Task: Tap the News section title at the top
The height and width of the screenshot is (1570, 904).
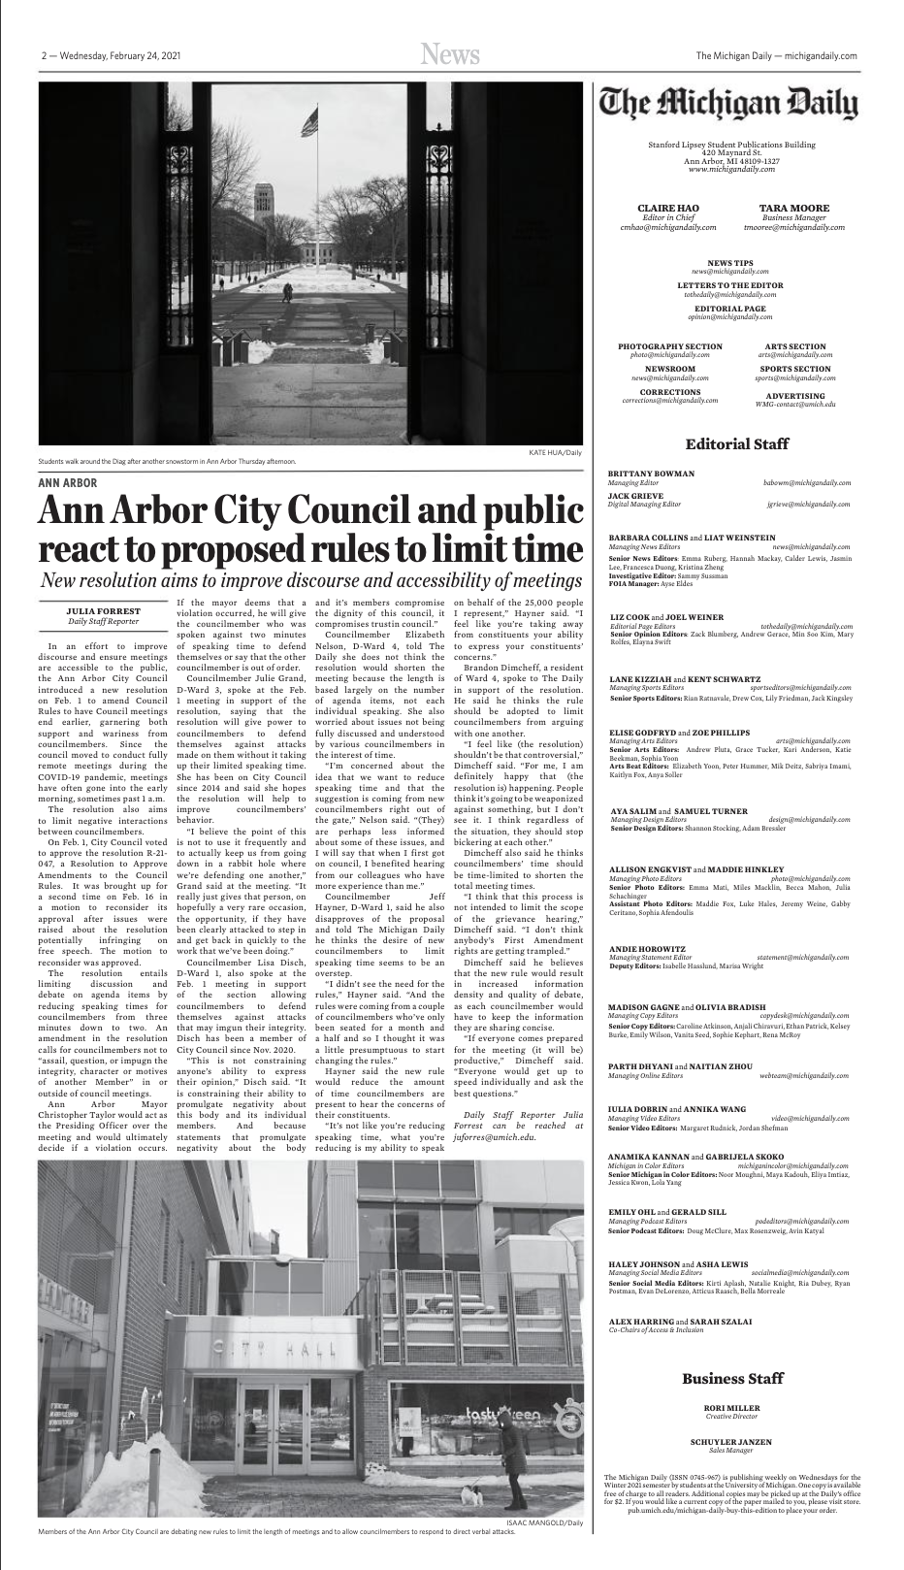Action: [x=451, y=56]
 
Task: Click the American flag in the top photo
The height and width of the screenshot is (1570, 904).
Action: [x=309, y=124]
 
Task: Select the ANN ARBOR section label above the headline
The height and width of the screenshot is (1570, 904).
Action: [x=67, y=482]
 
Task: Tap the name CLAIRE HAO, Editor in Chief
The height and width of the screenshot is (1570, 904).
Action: [x=667, y=209]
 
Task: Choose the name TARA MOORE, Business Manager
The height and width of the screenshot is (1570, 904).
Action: [x=793, y=209]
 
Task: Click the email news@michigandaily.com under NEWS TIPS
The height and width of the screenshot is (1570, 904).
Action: [x=729, y=272]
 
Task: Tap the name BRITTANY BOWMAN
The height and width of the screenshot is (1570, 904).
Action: [x=651, y=474]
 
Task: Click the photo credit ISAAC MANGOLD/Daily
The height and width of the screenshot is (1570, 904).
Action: [x=545, y=1522]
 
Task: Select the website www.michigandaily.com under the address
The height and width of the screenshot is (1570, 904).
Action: [x=731, y=169]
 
